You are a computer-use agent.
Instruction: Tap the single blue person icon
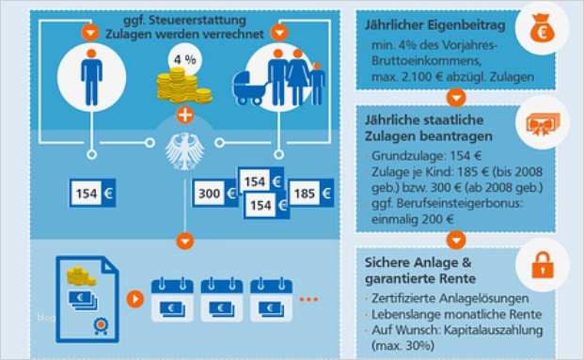tap(91, 77)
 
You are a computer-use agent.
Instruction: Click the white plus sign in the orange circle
tap(184, 117)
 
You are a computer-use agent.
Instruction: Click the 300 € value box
tap(213, 194)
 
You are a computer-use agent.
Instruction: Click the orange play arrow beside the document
tap(135, 299)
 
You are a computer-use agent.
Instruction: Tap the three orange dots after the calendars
tap(308, 299)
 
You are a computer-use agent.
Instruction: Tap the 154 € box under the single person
tap(91, 194)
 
